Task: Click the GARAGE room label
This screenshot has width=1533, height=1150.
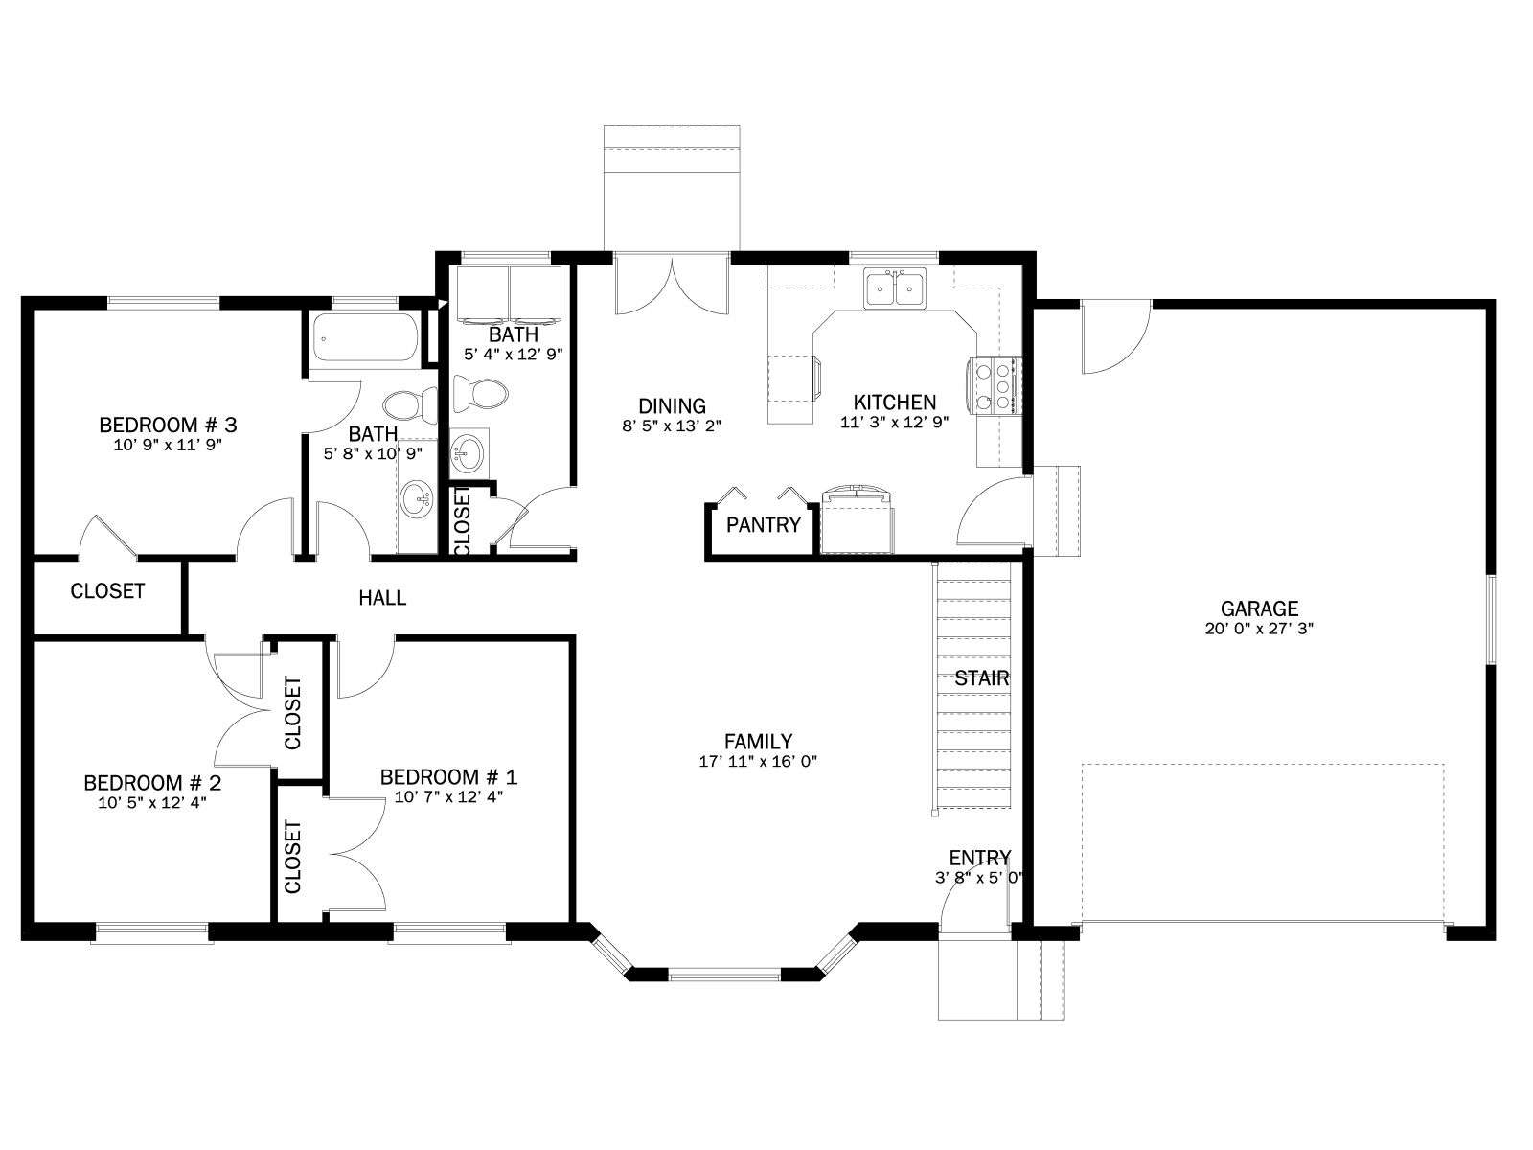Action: [x=1259, y=609]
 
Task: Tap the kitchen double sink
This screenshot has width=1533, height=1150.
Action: [x=895, y=287]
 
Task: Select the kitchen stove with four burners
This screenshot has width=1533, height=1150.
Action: [x=994, y=384]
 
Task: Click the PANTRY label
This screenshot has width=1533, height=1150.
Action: [x=764, y=525]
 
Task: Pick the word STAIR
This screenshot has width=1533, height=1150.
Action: [x=981, y=678]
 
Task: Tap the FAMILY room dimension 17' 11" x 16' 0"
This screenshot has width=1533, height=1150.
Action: [x=758, y=762]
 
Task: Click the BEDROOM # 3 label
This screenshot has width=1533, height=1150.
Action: [x=168, y=425]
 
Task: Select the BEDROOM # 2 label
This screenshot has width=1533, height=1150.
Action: [x=152, y=783]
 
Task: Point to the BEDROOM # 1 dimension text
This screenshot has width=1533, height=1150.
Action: [x=448, y=796]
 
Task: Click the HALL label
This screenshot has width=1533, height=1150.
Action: [x=382, y=598]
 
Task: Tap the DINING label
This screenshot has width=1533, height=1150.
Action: [x=672, y=405]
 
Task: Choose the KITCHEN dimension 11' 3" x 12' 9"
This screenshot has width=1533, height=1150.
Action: [x=895, y=423]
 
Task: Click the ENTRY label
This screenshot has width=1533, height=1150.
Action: [x=980, y=858]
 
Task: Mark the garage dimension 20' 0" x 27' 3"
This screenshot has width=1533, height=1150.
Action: [x=1259, y=629]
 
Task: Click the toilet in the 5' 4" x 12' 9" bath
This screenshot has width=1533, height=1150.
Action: [x=480, y=395]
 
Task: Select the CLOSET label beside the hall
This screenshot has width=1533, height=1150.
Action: [x=107, y=591]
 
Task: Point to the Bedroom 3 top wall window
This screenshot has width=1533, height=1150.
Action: [x=163, y=302]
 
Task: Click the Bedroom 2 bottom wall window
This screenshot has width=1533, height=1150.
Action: [x=151, y=932]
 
